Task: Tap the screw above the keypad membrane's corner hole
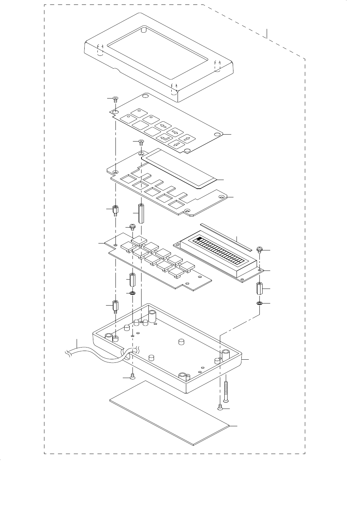(x=116, y=99)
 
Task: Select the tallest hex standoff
(x=141, y=213)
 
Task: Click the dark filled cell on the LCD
(x=199, y=239)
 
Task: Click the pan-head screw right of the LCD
(x=259, y=249)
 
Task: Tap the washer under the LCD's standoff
(x=259, y=303)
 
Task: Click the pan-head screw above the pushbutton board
(x=132, y=227)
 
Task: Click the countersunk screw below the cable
(x=132, y=377)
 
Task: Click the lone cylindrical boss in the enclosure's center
(x=181, y=342)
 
